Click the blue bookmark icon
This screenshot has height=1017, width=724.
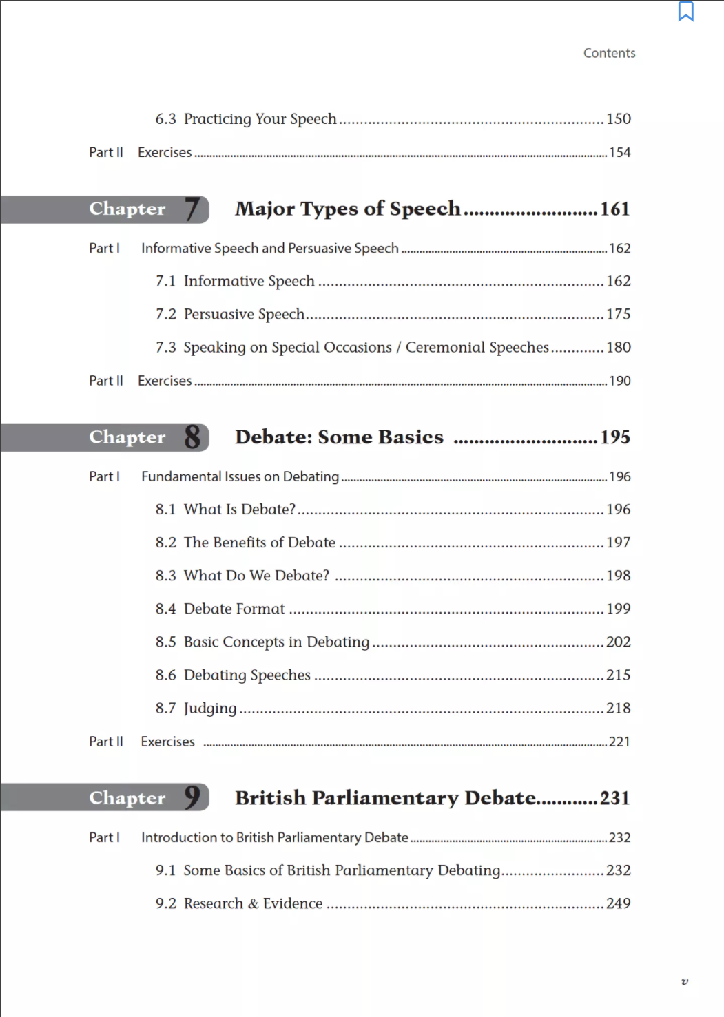pyautogui.click(x=685, y=12)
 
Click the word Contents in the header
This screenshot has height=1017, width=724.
pyautogui.click(x=609, y=53)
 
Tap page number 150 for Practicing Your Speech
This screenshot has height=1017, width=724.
pyautogui.click(x=618, y=119)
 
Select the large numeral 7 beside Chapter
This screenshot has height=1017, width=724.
pyautogui.click(x=193, y=209)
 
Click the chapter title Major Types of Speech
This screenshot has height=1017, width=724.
pyautogui.click(x=347, y=209)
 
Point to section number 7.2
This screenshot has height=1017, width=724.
pyautogui.click(x=165, y=315)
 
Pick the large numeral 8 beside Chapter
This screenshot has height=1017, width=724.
pyautogui.click(x=193, y=437)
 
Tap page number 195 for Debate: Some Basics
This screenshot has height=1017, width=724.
pyautogui.click(x=614, y=437)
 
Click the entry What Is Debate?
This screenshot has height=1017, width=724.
pyautogui.click(x=239, y=510)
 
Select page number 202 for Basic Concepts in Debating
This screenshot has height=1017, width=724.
pyautogui.click(x=618, y=642)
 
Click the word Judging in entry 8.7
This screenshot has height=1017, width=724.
pyautogui.click(x=209, y=709)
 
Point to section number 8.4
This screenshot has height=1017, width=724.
pyautogui.click(x=165, y=609)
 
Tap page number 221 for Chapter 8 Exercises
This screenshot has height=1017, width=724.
pyautogui.click(x=619, y=742)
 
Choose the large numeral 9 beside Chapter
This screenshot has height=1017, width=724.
pyautogui.click(x=193, y=797)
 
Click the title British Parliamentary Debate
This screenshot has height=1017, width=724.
pyautogui.click(x=385, y=798)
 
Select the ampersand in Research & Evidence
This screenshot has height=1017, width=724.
pyautogui.click(x=254, y=904)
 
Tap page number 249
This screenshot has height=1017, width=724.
pyautogui.click(x=618, y=903)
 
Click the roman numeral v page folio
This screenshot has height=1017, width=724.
pyautogui.click(x=684, y=981)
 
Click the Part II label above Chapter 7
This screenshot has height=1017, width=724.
pyautogui.click(x=106, y=152)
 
